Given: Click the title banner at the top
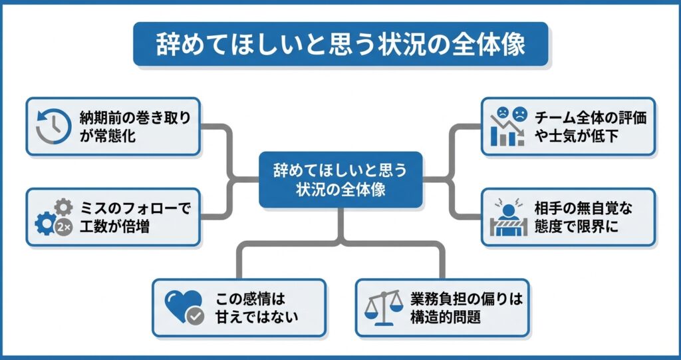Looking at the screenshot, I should pyautogui.click(x=340, y=44).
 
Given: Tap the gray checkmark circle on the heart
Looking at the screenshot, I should pyautogui.click(x=194, y=316).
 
